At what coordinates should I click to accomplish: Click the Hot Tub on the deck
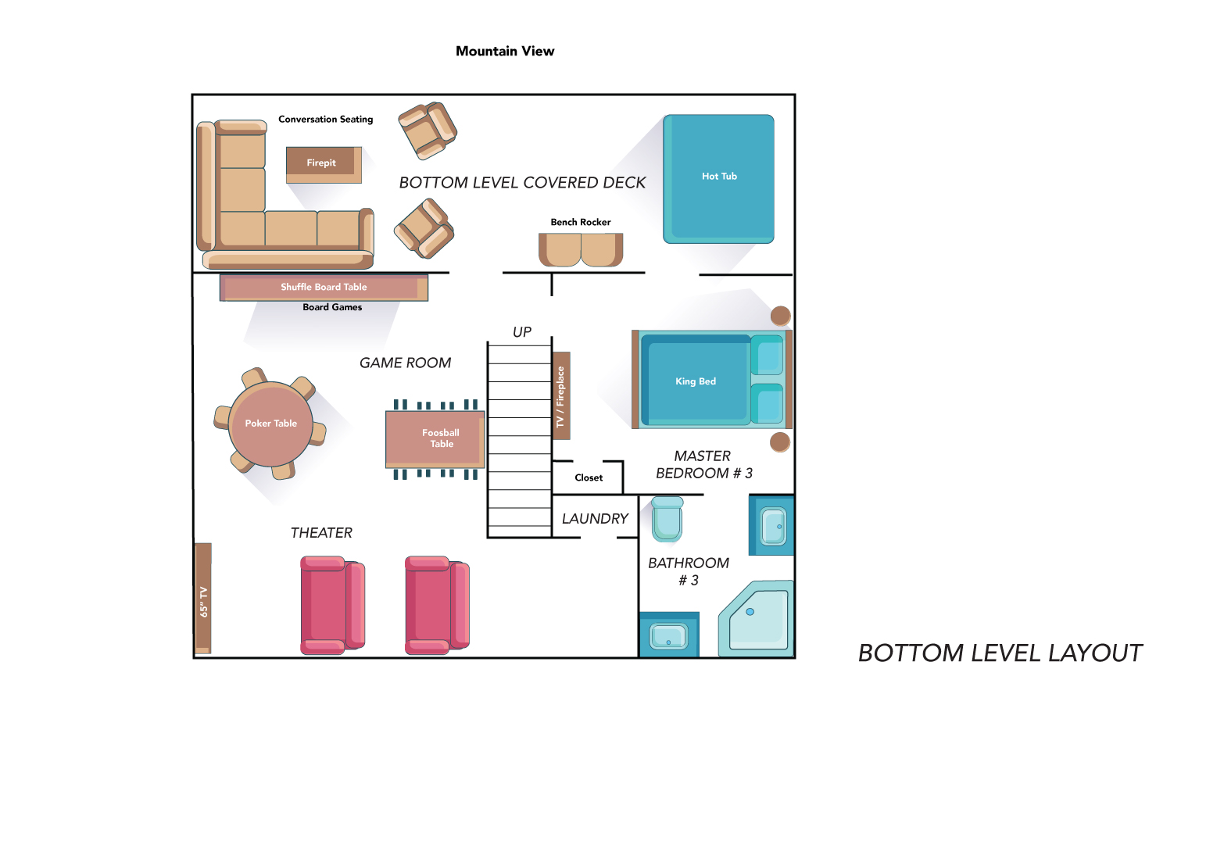(x=718, y=179)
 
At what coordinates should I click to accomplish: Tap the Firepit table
(x=324, y=164)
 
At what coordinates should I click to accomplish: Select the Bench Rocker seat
(x=580, y=249)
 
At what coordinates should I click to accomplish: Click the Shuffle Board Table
(x=324, y=288)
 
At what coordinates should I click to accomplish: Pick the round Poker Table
(x=270, y=424)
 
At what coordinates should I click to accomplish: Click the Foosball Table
(x=435, y=439)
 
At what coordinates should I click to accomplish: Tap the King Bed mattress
(x=696, y=381)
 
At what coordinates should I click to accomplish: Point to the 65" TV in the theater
(x=203, y=598)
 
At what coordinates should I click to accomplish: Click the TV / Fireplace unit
(x=561, y=395)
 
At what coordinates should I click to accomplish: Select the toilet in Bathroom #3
(x=667, y=518)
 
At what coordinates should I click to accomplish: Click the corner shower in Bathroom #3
(x=757, y=618)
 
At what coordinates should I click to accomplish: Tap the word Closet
(x=589, y=477)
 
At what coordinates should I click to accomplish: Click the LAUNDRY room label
(x=595, y=518)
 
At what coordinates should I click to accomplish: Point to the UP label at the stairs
(x=522, y=332)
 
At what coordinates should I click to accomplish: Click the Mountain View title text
(x=505, y=52)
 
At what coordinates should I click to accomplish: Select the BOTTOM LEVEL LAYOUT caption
(x=1000, y=653)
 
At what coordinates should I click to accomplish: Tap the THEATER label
(x=321, y=533)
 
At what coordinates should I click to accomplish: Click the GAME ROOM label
(x=405, y=363)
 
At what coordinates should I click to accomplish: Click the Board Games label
(x=332, y=307)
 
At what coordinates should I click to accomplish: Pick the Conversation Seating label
(x=326, y=119)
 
